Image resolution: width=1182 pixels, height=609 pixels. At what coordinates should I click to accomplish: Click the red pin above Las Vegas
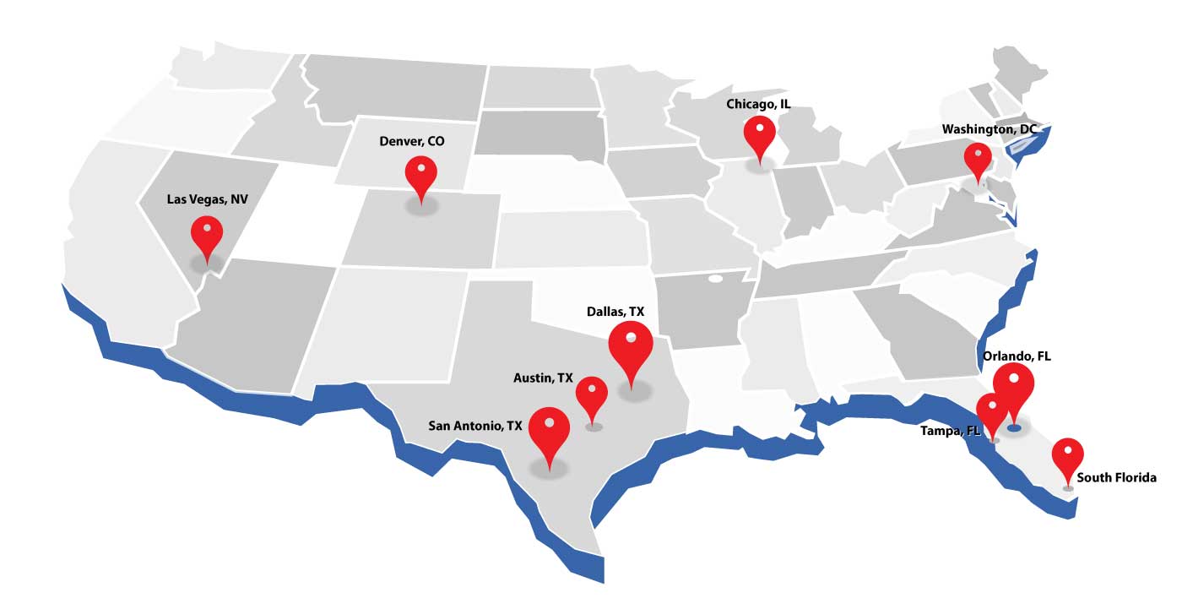point(207,232)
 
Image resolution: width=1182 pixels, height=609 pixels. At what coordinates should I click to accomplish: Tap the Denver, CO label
point(411,141)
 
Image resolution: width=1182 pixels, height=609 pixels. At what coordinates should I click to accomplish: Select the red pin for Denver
point(420,173)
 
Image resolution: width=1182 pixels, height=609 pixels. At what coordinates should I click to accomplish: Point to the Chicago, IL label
point(758,104)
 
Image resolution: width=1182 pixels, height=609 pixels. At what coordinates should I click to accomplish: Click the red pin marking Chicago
point(759,134)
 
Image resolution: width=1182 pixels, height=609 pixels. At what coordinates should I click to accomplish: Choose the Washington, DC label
point(988,129)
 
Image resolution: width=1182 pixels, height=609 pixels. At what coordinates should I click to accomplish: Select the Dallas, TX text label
point(615,312)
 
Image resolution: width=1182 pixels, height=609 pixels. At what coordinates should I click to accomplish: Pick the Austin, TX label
point(543,378)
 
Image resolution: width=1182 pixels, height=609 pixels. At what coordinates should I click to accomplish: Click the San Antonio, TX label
point(475,426)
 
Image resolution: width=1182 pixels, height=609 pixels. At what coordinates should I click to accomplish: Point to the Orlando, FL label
point(1017,356)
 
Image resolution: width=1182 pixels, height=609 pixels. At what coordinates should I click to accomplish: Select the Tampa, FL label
point(950,431)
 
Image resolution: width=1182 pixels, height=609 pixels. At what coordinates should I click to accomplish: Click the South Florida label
point(1117,478)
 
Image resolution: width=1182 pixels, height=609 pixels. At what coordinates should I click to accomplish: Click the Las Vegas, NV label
point(208,199)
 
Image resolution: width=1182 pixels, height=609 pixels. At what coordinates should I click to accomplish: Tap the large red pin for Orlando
point(1013,384)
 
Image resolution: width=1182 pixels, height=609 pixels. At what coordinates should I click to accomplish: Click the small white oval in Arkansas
point(716,278)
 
